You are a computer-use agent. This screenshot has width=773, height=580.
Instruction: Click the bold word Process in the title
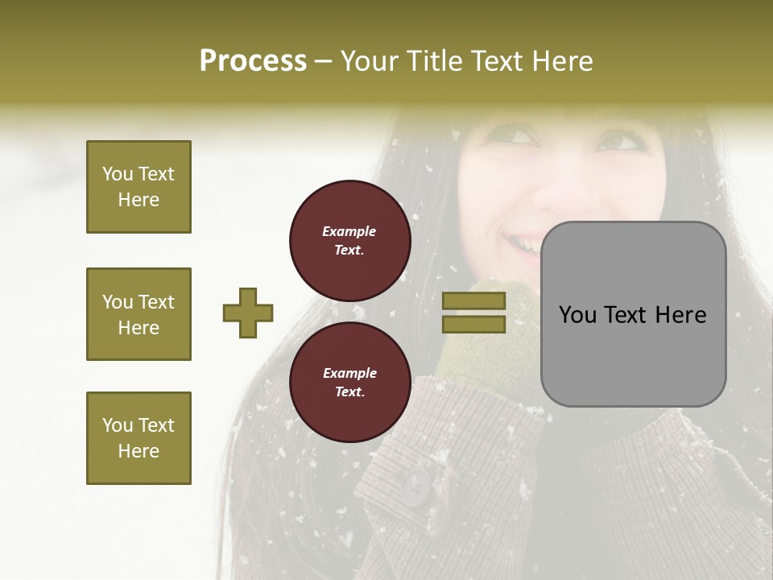coord(253,60)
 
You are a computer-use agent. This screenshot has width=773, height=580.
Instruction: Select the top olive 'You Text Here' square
coord(138,187)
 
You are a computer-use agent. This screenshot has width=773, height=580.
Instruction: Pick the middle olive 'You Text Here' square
coord(138,314)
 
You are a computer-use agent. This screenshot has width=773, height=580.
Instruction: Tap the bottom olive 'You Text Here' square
coord(138,437)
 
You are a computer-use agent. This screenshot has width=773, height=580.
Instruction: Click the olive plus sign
coord(248,313)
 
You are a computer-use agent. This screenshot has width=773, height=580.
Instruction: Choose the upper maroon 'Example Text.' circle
coord(349,241)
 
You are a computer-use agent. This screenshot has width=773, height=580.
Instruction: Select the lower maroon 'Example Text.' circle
coord(349,383)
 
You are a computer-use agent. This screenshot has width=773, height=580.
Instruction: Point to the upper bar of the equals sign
coord(474,300)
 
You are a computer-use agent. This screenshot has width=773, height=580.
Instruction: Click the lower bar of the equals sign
coord(474,325)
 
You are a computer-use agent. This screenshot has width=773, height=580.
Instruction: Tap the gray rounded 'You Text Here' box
coord(633,314)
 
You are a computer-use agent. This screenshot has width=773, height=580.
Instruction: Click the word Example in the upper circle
coord(349,231)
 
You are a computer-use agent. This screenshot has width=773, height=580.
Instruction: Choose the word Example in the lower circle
coord(349,373)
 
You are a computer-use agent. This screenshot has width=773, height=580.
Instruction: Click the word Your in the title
coord(370,60)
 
